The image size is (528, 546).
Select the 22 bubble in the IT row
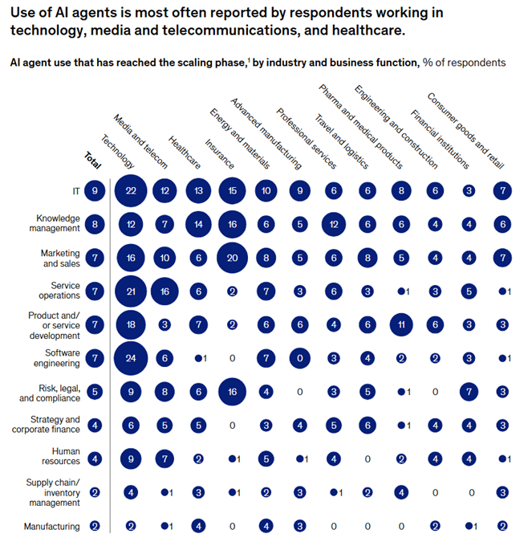(x=130, y=190)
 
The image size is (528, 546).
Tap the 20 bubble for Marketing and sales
(x=232, y=258)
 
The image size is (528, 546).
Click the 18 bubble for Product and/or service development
(x=130, y=324)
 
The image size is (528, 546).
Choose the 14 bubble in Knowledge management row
(x=198, y=224)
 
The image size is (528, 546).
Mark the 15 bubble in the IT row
(x=232, y=190)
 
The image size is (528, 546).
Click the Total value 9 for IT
(x=95, y=190)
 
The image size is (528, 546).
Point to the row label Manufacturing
(x=52, y=527)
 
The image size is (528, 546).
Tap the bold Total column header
(x=93, y=160)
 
